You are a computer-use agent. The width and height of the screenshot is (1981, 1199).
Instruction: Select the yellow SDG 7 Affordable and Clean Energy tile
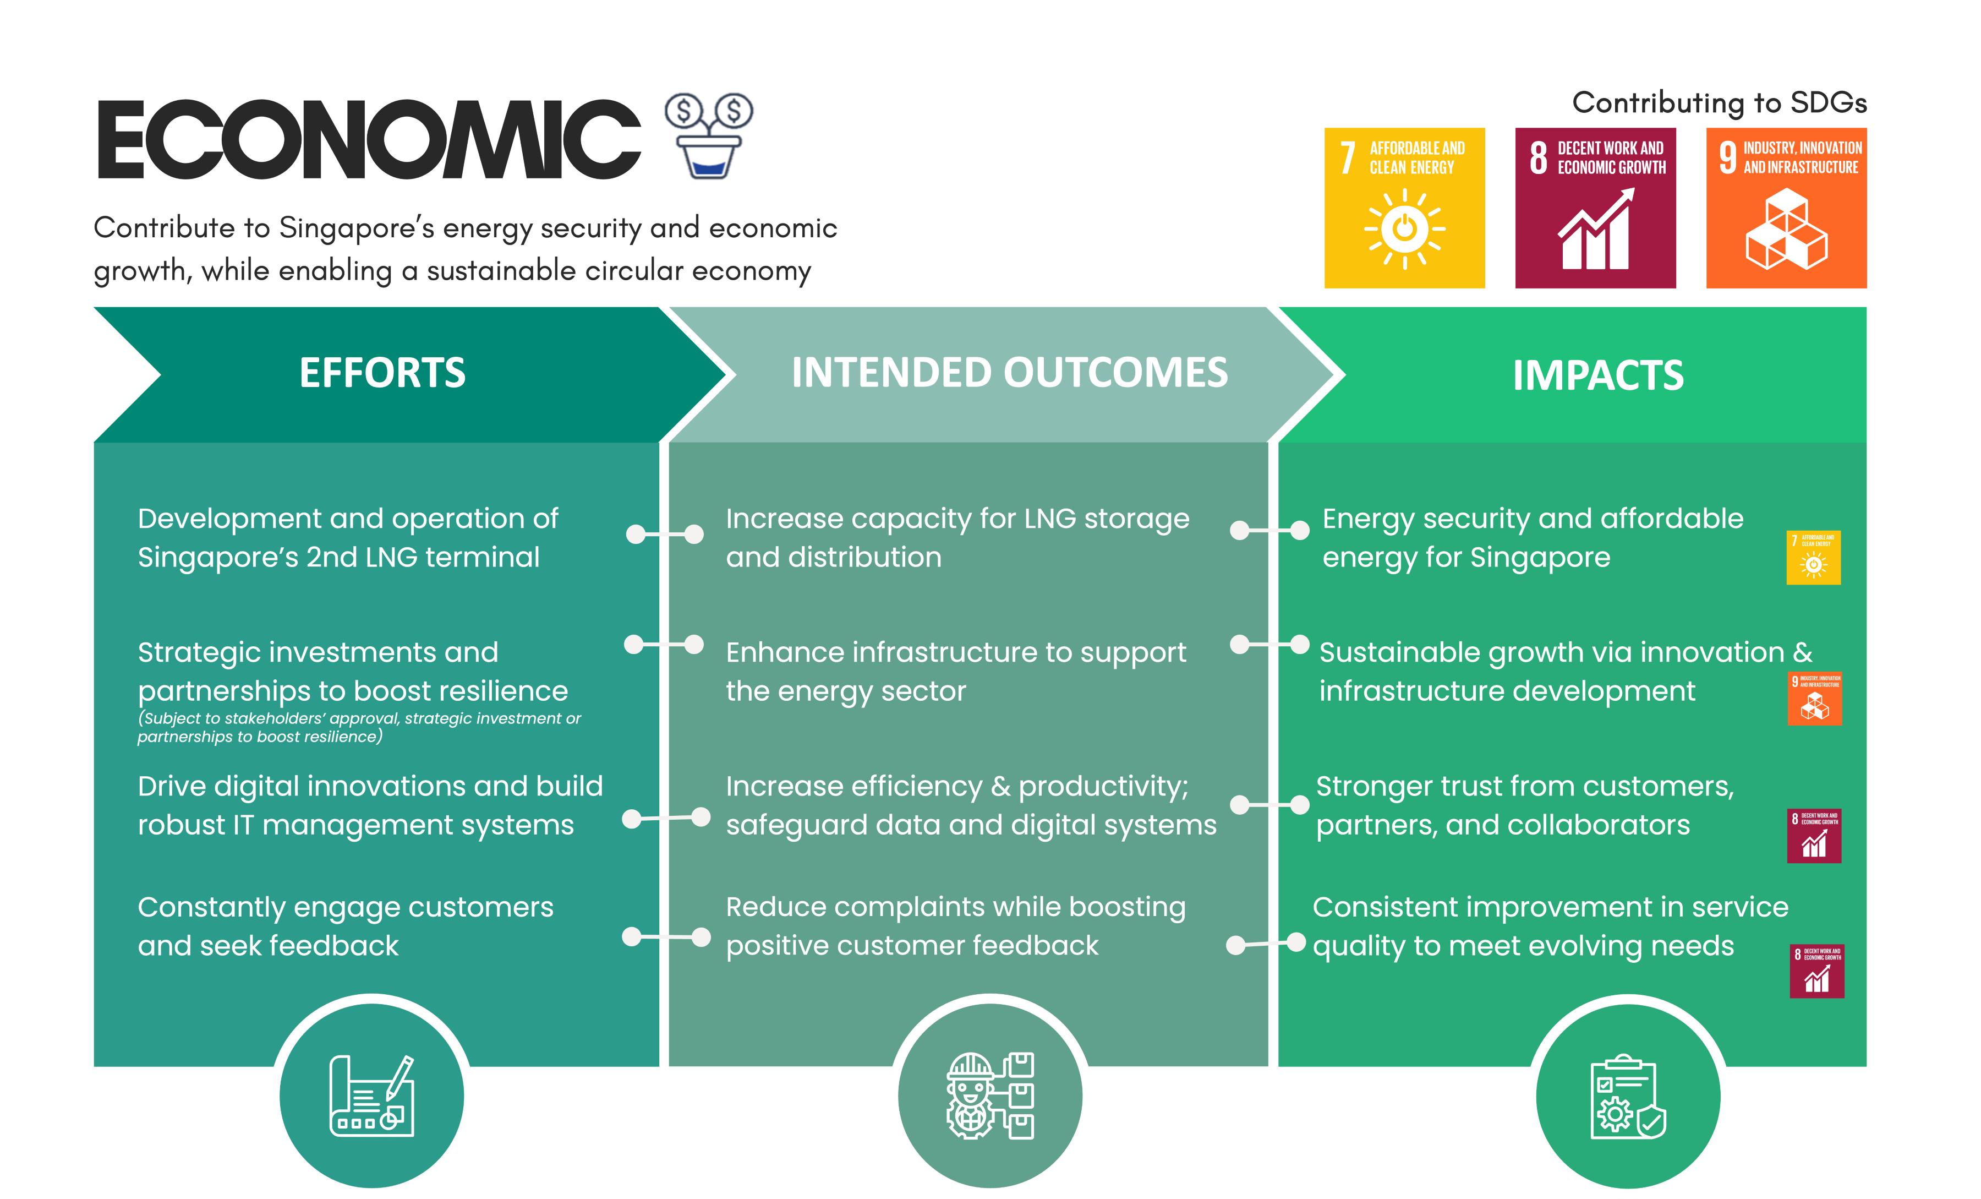tap(1404, 208)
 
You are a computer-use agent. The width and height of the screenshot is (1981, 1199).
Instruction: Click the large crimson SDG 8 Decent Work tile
tap(1595, 208)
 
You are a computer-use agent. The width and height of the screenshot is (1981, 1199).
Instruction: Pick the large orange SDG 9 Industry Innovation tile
tap(1786, 208)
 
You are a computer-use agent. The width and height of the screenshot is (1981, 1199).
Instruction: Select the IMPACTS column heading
tap(1597, 375)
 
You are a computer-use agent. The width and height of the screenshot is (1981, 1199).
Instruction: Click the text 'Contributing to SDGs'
tap(1719, 103)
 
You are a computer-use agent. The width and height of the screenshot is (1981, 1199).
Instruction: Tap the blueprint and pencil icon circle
tap(371, 1096)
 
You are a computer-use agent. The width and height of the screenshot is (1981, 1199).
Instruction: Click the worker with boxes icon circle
tap(990, 1096)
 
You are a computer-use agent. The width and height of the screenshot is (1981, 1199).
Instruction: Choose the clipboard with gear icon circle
tap(1628, 1096)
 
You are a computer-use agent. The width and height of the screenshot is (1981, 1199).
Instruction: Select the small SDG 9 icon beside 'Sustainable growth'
tap(1815, 698)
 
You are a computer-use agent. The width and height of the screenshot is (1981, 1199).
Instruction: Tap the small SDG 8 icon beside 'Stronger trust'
tap(1814, 836)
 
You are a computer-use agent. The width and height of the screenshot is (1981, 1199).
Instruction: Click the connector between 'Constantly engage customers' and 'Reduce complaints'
tap(666, 937)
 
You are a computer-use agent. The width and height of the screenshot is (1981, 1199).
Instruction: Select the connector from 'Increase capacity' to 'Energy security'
tap(1269, 531)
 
